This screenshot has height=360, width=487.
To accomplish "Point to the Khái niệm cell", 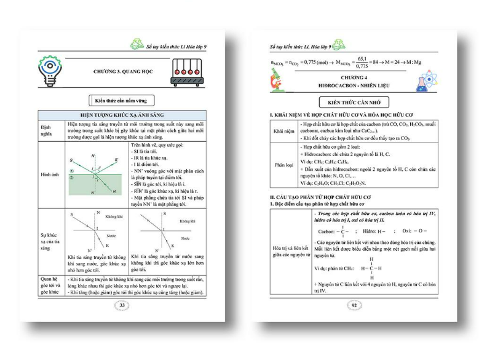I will click(x=283, y=131).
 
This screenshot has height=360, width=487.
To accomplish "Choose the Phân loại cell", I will click(x=283, y=165).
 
